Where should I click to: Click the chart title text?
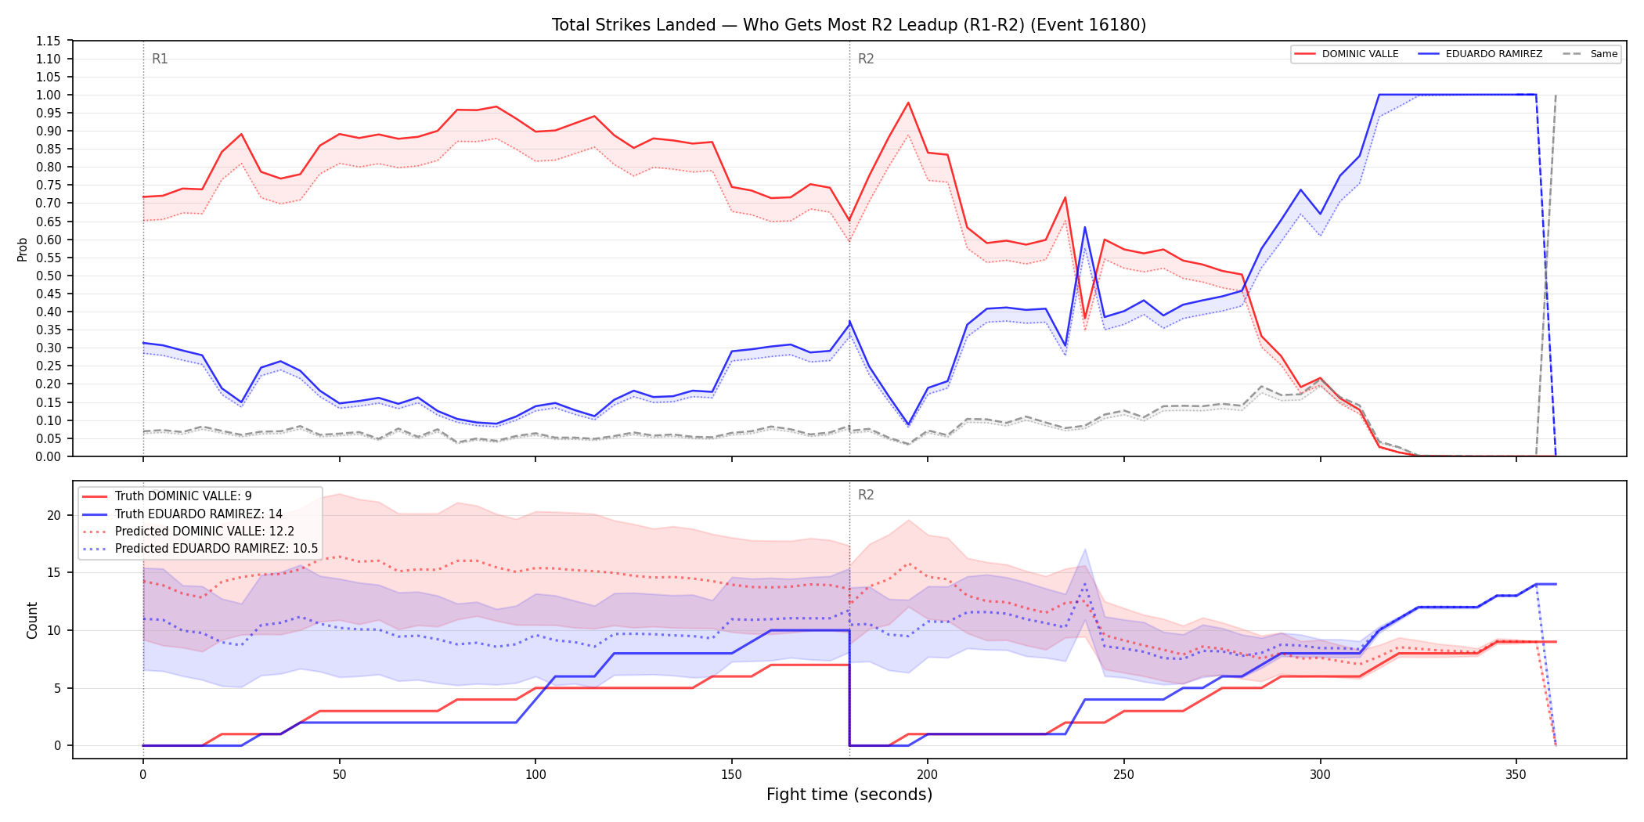click(x=849, y=25)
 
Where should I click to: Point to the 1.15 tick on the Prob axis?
click(x=49, y=41)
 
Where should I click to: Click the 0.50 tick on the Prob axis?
click(x=49, y=276)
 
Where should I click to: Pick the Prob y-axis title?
click(x=23, y=249)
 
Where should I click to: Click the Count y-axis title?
click(x=32, y=620)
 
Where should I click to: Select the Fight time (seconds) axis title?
click(x=849, y=795)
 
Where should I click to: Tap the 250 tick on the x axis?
click(x=1123, y=775)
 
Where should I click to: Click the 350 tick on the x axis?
click(x=1516, y=775)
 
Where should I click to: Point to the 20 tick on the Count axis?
click(x=54, y=515)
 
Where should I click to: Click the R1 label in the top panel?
click(x=160, y=59)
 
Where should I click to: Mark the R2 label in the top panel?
click(x=866, y=59)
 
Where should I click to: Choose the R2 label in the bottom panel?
click(x=866, y=495)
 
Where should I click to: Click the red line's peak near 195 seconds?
click(x=908, y=103)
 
